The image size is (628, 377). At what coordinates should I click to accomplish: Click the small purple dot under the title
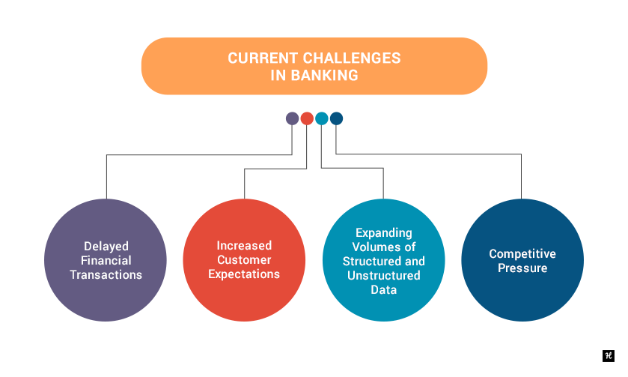[x=292, y=118]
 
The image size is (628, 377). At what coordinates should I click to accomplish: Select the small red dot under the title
[x=307, y=118]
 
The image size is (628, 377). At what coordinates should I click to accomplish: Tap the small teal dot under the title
[x=322, y=118]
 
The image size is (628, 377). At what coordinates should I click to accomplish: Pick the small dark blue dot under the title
[x=336, y=118]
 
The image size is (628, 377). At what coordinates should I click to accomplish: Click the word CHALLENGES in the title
[x=352, y=58]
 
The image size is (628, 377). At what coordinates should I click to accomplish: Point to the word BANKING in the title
[x=324, y=76]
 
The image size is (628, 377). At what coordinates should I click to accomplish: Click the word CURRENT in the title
[x=263, y=58]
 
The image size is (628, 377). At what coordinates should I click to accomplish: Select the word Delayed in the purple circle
[x=106, y=247]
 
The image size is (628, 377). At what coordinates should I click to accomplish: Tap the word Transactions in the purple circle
[x=106, y=275]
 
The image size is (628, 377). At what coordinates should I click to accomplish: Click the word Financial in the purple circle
[x=106, y=261]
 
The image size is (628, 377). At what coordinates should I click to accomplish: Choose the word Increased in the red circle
[x=244, y=245]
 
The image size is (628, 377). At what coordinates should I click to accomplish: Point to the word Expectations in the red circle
[x=244, y=274]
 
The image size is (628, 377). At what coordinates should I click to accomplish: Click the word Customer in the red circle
[x=244, y=260]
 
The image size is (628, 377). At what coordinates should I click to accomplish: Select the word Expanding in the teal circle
[x=384, y=233]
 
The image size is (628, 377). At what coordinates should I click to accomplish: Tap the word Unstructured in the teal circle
[x=384, y=276]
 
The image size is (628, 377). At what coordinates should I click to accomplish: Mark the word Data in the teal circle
[x=384, y=290]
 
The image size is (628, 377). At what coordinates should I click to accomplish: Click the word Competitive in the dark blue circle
[x=522, y=254]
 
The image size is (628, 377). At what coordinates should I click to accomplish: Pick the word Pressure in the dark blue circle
[x=522, y=268]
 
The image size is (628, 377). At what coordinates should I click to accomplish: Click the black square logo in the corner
[x=609, y=356]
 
